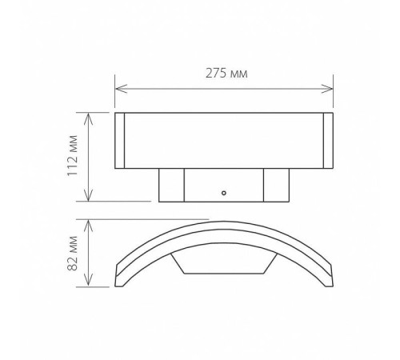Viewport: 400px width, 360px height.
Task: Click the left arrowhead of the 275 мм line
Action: (119, 87)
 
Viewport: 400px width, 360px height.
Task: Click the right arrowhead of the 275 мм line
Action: (330, 87)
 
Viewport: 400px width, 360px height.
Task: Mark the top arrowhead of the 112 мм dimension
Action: (90, 116)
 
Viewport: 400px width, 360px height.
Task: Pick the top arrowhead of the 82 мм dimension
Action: (90, 222)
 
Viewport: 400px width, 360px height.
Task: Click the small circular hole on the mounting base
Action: (225, 193)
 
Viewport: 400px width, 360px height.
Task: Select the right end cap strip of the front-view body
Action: (328, 141)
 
